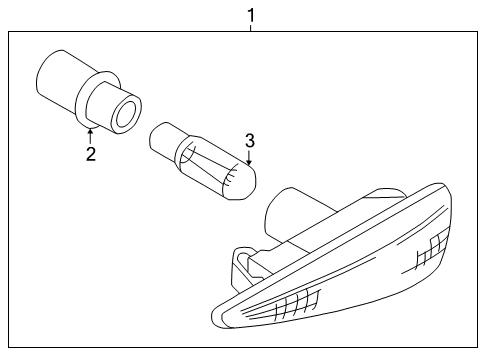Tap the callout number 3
pyautogui.click(x=251, y=140)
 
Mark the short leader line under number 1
pyautogui.click(x=250, y=28)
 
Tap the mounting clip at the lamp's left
pyautogui.click(x=243, y=265)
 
